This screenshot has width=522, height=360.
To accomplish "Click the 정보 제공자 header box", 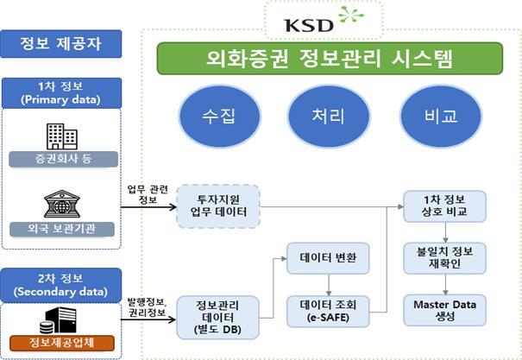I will pos(60,41).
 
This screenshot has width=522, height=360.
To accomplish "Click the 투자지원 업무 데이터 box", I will pos(211,206).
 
